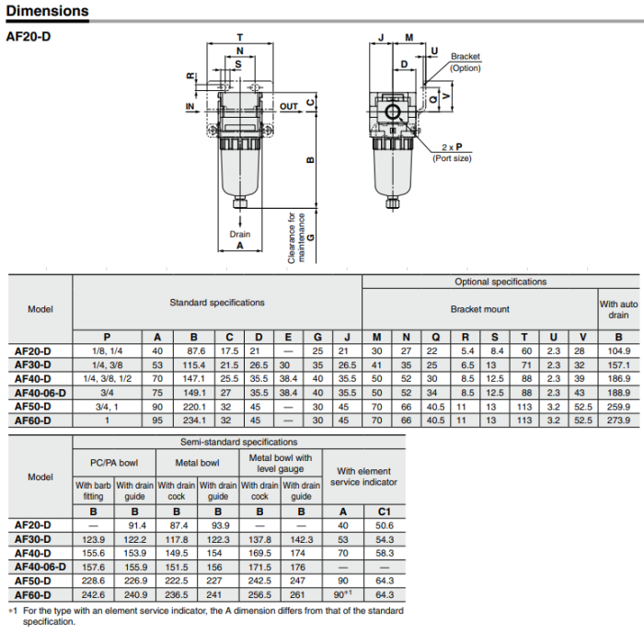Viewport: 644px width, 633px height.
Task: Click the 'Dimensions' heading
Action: [x=48, y=12]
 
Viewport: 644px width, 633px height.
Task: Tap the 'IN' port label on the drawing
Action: [x=190, y=106]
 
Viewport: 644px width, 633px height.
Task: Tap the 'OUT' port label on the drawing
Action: [x=289, y=106]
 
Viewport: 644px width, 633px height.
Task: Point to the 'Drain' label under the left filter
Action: [x=239, y=234]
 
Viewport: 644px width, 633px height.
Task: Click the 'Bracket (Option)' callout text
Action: [x=465, y=63]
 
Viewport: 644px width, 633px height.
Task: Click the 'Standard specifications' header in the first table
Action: [x=216, y=302]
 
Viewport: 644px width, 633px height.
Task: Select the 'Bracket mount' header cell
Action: [x=479, y=310]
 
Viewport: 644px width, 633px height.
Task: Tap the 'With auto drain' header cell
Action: [x=618, y=309]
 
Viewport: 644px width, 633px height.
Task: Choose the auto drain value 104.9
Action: [x=618, y=351]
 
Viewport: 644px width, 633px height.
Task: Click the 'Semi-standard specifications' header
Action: [x=237, y=442]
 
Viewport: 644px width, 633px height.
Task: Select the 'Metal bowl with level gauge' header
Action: [x=281, y=463]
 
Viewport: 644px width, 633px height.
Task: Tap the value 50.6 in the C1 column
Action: [x=385, y=524]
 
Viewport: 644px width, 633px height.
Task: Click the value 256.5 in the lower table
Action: [x=260, y=594]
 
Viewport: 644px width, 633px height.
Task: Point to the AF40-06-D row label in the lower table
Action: [x=40, y=567]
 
